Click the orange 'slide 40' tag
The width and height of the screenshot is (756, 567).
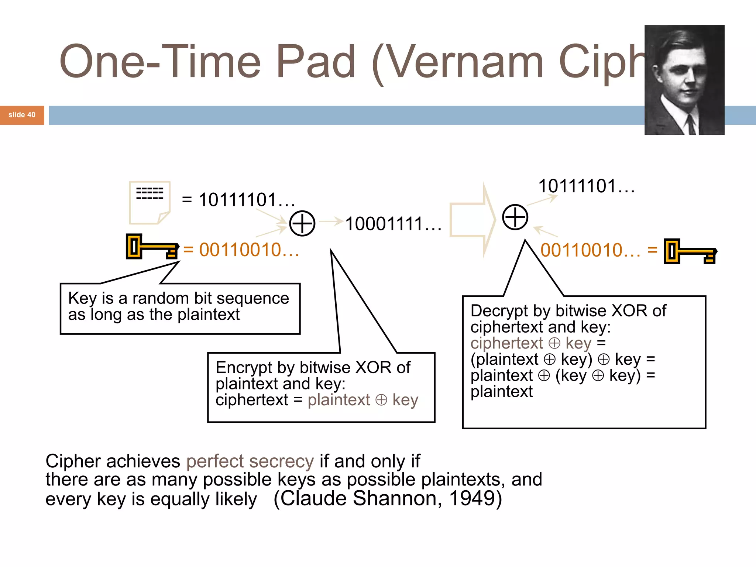point(22,115)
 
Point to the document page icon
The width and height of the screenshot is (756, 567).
point(150,202)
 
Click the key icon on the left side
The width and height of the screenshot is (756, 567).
point(152,247)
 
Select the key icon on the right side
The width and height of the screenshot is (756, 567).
point(690,251)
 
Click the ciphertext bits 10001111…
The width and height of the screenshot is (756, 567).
point(393,224)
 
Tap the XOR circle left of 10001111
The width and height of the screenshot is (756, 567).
point(302,223)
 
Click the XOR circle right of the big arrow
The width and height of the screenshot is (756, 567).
point(515,217)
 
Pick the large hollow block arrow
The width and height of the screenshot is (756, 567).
point(472,220)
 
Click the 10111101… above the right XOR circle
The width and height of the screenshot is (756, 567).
point(586,186)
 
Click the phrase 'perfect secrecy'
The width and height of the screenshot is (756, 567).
point(250,461)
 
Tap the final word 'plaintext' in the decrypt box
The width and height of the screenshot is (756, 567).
point(501,392)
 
